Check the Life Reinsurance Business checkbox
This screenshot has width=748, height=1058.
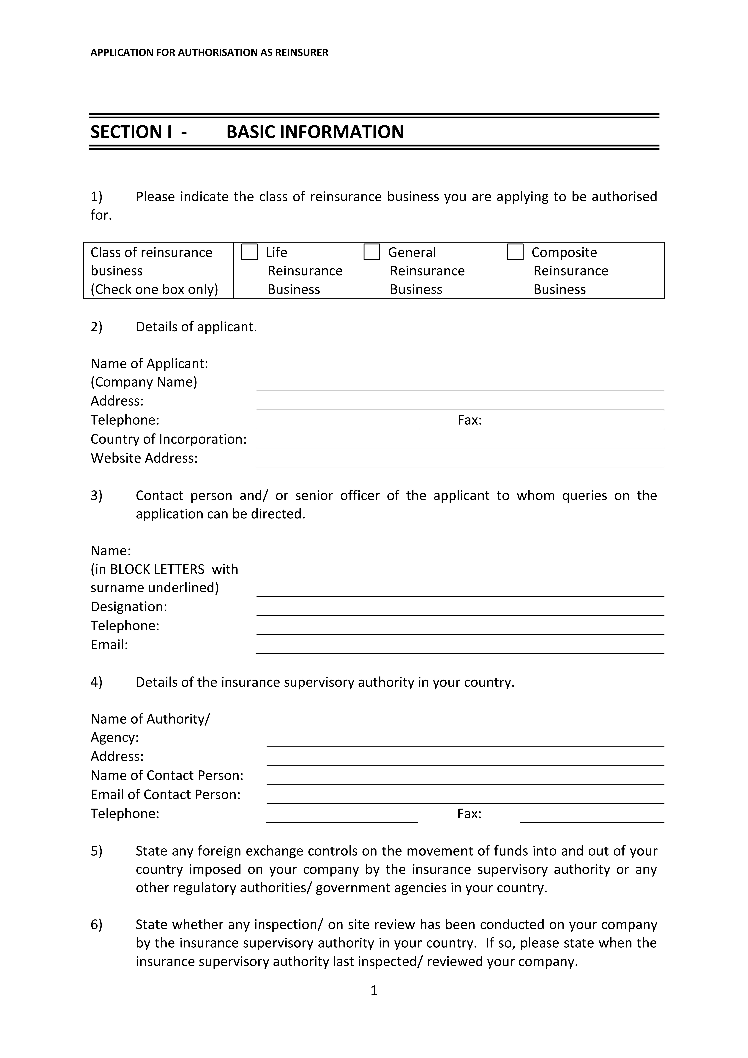249,252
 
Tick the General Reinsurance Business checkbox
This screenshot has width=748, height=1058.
371,252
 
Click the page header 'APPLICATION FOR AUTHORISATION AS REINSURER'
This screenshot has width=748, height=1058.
209,52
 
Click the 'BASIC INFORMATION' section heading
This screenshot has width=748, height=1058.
315,132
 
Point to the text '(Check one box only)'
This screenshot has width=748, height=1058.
154,289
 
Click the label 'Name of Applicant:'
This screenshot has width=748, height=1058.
149,364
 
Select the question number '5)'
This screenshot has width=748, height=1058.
96,851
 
